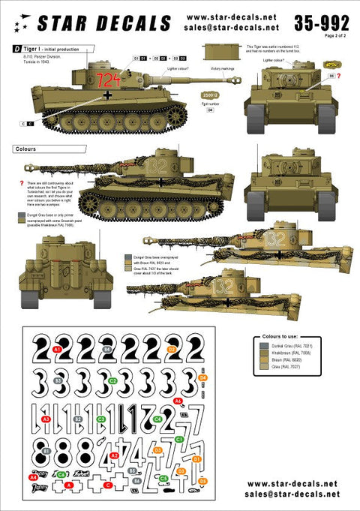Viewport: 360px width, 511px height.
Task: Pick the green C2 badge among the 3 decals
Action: [112, 380]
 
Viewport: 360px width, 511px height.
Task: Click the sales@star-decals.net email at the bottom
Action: [292, 494]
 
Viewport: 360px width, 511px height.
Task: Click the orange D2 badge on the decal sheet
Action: [171, 350]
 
